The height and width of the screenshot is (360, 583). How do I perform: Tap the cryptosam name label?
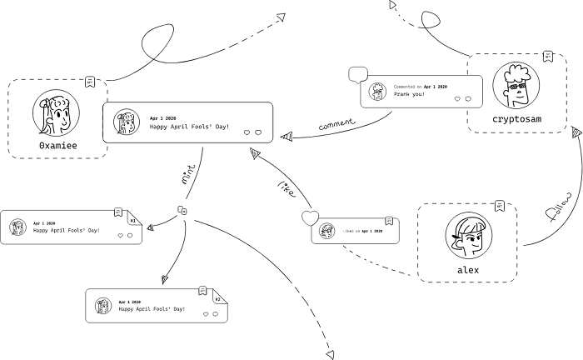[x=516, y=119]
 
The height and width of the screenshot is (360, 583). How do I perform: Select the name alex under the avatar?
[x=467, y=270]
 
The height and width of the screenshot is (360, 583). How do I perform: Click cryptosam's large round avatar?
[x=516, y=86]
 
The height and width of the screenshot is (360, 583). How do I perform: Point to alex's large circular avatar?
[x=467, y=234]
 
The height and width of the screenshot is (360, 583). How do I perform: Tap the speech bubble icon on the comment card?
[x=358, y=74]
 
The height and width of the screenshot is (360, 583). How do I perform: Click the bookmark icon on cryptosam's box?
[x=547, y=56]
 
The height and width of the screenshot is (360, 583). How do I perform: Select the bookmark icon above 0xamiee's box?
[x=91, y=82]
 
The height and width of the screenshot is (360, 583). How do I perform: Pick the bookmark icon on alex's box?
[x=499, y=205]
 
